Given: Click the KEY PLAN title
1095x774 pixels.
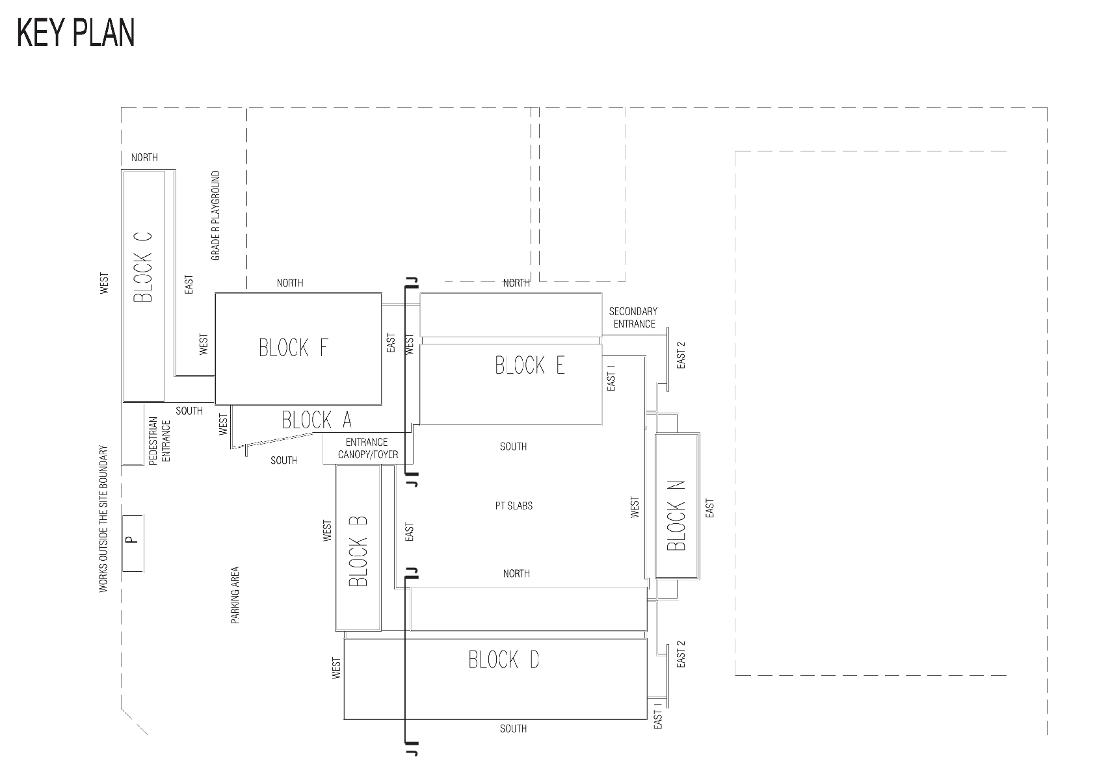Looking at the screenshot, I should point(76,33).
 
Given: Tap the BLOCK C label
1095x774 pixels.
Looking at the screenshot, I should point(143,266).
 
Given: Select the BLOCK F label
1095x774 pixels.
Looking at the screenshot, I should point(294,348).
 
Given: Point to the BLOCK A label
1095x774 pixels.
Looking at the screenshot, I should point(317,420).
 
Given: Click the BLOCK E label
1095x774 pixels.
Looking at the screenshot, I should point(530,365).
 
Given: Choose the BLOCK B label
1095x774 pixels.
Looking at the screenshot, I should point(358,550).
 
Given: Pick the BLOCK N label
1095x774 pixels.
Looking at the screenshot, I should point(676,515).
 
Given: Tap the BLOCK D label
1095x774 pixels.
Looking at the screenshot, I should point(504,660).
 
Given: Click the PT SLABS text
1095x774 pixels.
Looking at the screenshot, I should point(514,506).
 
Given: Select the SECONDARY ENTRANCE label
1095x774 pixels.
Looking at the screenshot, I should point(633,318).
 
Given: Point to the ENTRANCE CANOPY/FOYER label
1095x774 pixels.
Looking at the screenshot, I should point(367,448).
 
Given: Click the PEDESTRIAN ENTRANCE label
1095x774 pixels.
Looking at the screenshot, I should point(159,441).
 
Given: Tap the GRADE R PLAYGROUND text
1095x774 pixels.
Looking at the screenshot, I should point(216,216).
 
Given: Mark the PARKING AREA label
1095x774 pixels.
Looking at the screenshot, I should point(235,595).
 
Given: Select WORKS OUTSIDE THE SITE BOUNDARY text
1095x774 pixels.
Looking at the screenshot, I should point(103,519).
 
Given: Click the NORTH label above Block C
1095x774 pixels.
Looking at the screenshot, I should point(144,158).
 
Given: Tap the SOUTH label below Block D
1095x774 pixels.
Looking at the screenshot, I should point(513,729).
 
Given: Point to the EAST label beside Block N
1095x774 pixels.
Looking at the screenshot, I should point(710,509).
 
